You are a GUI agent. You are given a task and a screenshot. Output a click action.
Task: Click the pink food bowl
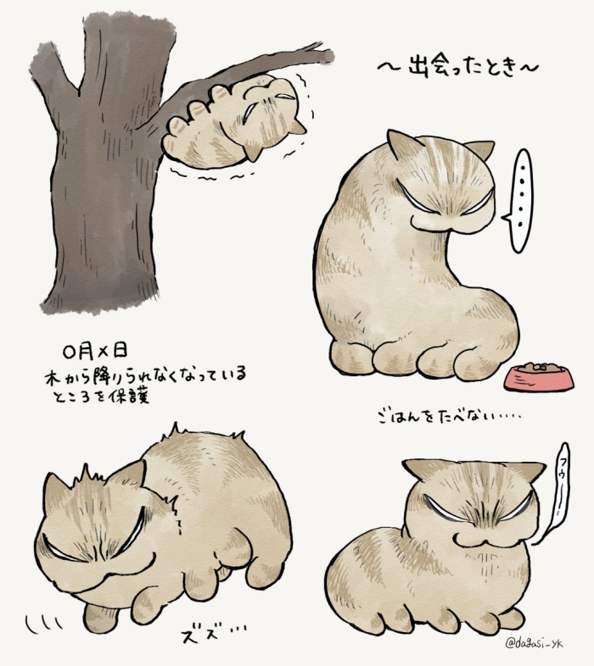[x=539, y=377]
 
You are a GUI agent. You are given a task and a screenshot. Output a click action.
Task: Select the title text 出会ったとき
[x=459, y=68]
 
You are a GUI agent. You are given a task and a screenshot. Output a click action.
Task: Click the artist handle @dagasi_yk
[x=534, y=644]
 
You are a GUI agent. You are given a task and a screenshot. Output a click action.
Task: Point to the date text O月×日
[x=94, y=351]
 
